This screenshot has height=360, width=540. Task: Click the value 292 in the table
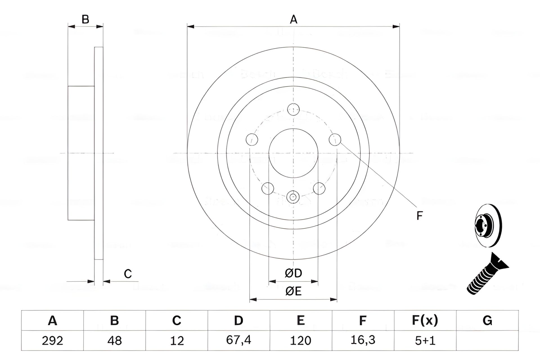52,341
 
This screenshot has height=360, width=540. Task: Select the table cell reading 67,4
238,340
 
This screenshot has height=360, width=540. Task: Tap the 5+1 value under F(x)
425,341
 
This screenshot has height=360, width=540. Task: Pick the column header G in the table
487,321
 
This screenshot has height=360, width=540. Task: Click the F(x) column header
425,321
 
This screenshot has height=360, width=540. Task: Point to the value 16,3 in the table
363,340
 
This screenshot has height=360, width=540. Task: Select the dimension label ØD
293,273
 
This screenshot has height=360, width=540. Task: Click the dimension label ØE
293,291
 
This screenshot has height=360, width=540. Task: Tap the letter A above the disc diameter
293,20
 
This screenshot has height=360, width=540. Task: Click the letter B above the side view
85,20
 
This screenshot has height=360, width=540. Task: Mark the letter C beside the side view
128,274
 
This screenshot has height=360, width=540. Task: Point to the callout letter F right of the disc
419,216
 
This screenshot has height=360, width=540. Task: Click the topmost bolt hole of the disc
293,109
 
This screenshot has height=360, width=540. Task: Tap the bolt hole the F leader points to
335,139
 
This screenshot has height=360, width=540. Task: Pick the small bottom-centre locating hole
293,197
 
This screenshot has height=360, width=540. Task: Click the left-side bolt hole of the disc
252,139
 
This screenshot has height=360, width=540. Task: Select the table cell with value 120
301,341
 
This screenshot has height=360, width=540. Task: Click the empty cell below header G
487,341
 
